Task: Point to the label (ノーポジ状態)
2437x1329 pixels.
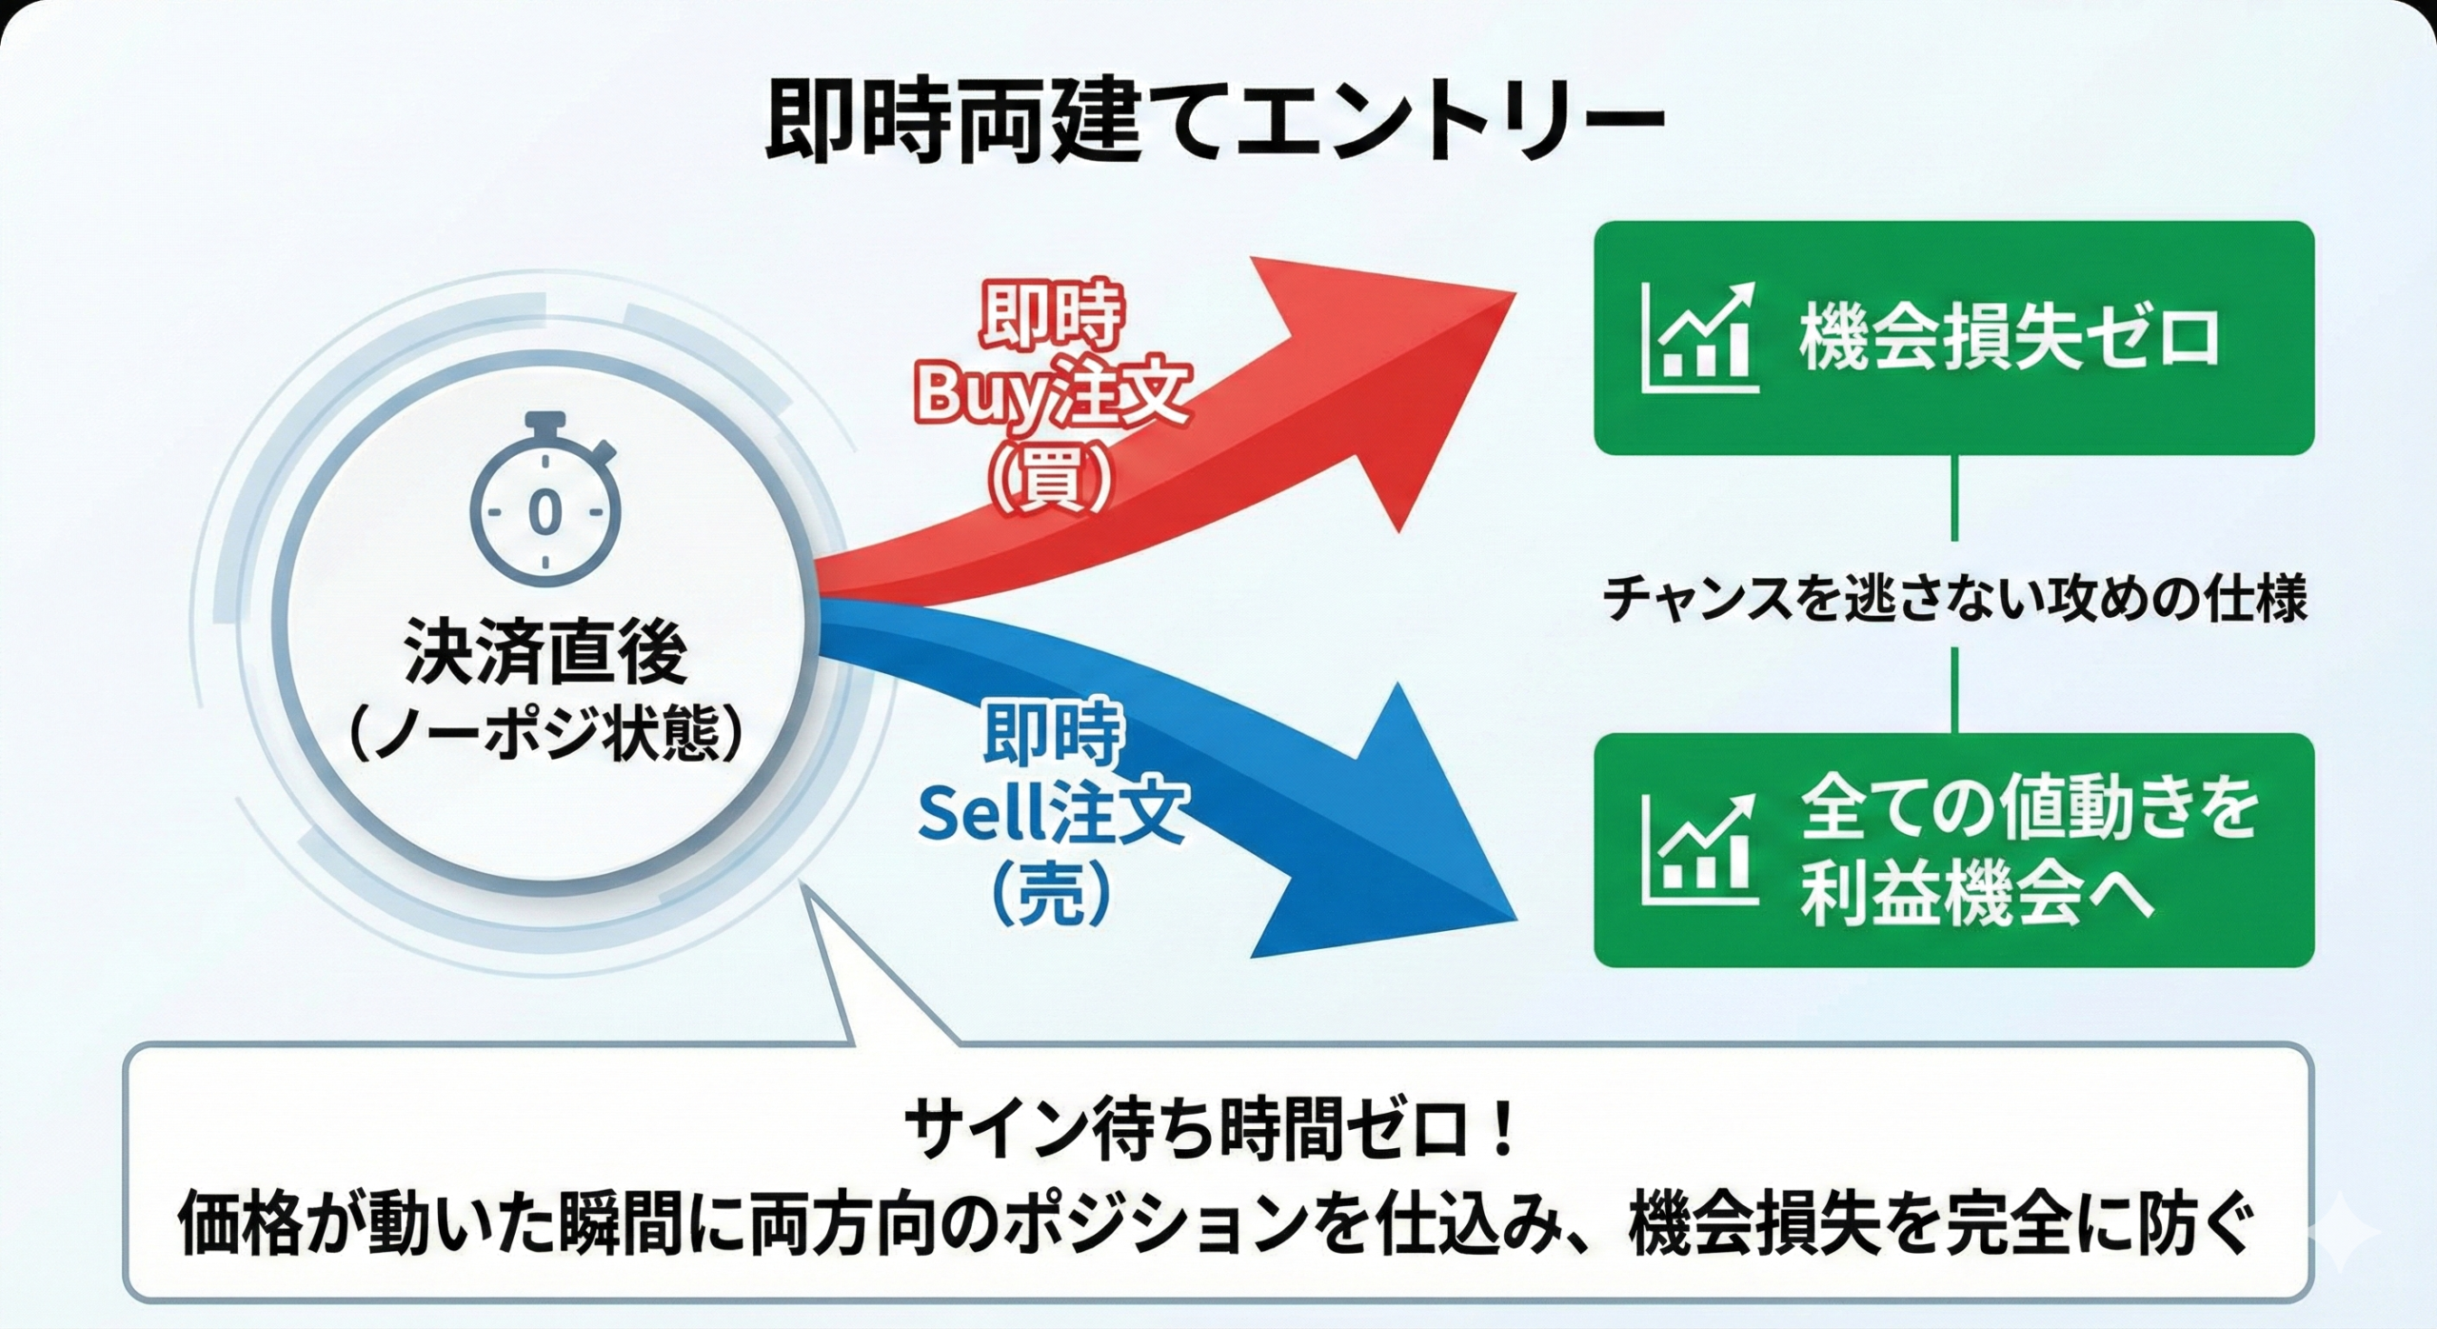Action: tap(545, 734)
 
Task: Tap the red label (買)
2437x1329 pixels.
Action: tap(1051, 476)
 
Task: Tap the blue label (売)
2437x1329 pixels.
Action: tap(1051, 894)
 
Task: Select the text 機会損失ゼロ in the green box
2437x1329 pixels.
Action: tap(2009, 339)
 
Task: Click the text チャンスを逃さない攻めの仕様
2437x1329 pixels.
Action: tap(1954, 601)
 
